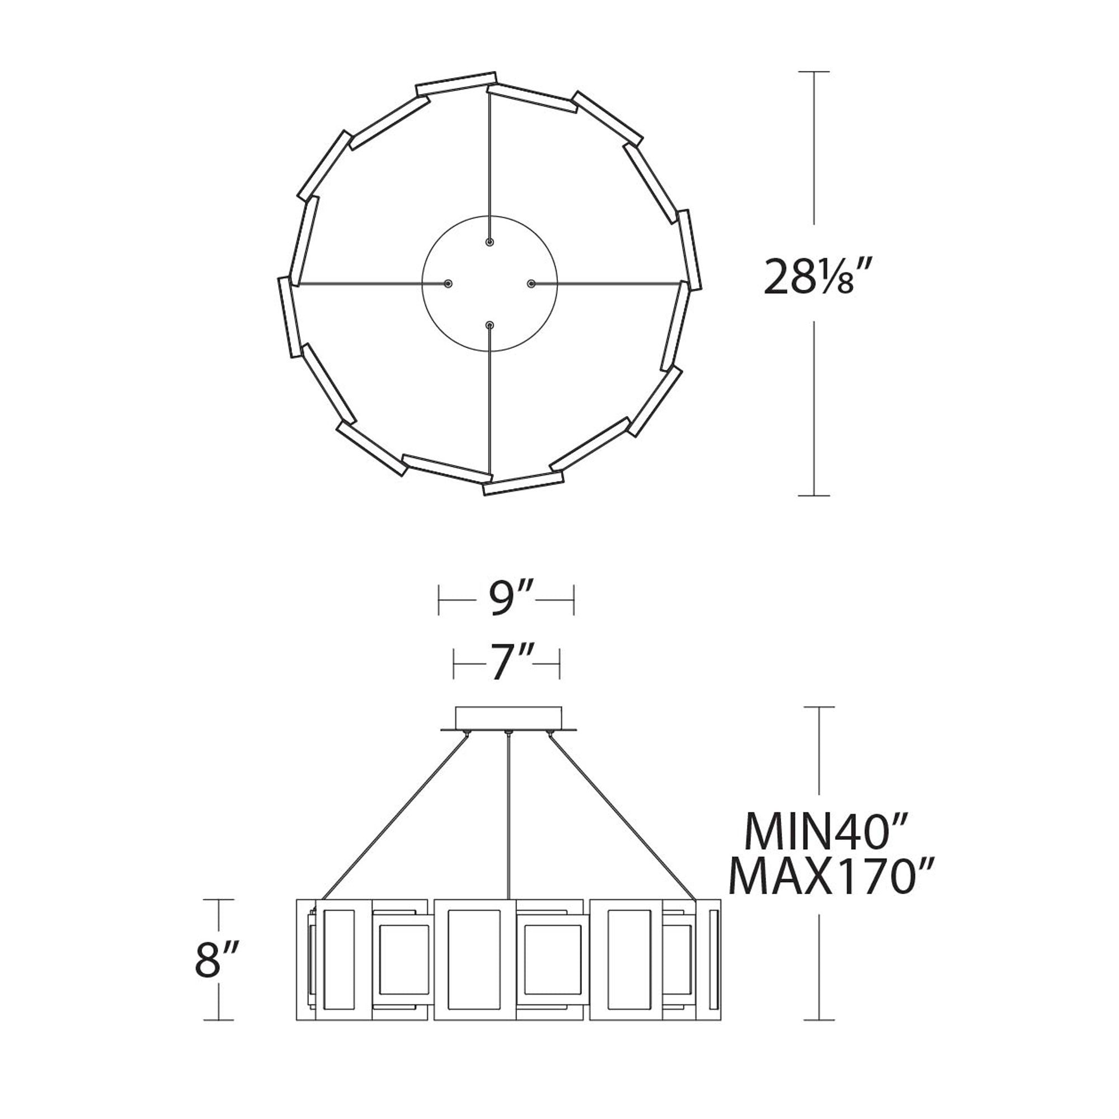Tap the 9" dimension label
pyautogui.click(x=507, y=600)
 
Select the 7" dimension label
pyautogui.click(x=506, y=664)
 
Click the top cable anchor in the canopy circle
pyautogui.click(x=490, y=242)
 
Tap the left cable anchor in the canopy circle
pyautogui.click(x=448, y=283)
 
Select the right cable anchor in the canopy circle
pyautogui.click(x=531, y=283)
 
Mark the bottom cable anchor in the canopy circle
pyautogui.click(x=490, y=326)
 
